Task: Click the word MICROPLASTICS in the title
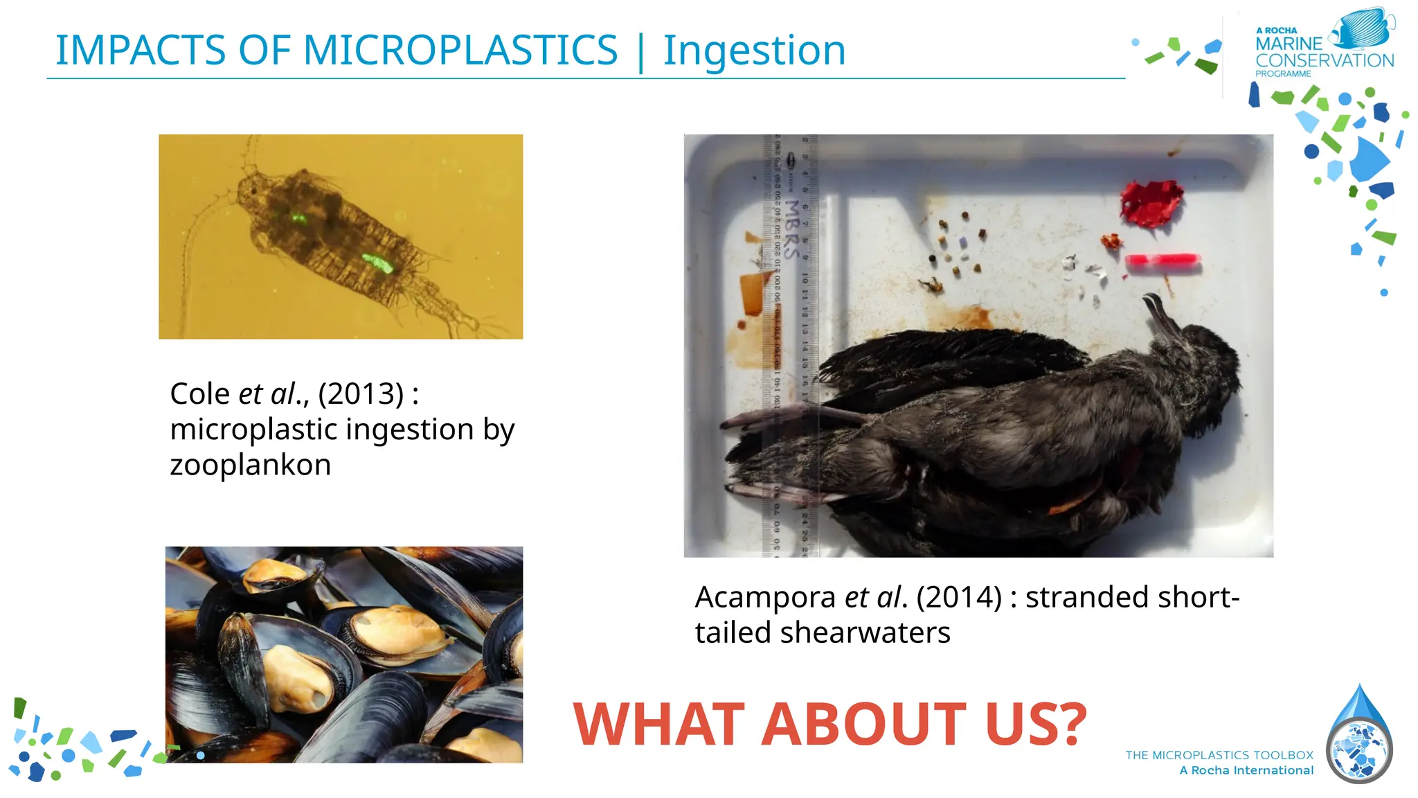(x=460, y=51)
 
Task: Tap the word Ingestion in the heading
(x=754, y=51)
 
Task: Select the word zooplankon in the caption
(x=251, y=465)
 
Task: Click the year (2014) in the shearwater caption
(x=959, y=597)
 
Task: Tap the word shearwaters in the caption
(x=865, y=633)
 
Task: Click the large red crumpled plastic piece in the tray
(x=1151, y=203)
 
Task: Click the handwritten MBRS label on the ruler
(x=793, y=229)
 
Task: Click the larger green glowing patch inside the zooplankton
(x=377, y=263)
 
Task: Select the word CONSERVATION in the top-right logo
(x=1325, y=61)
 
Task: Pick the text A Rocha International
(x=1246, y=770)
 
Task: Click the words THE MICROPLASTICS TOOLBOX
(x=1219, y=755)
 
